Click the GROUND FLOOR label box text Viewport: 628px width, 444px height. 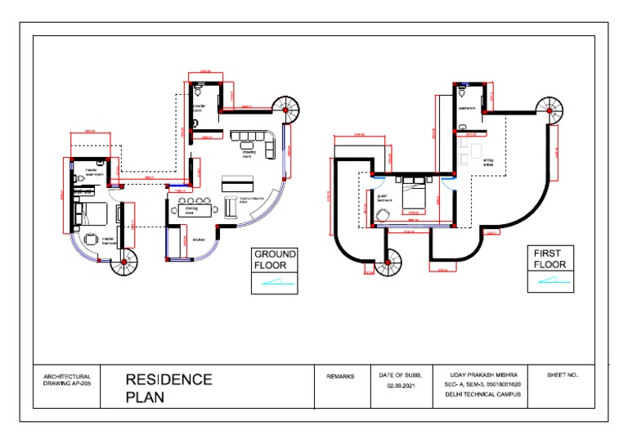[274, 260]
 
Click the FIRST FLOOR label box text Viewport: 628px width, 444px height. [549, 259]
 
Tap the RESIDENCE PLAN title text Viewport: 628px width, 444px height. [168, 388]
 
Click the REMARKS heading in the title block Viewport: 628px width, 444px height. [340, 377]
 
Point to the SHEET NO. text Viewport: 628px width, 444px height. [562, 375]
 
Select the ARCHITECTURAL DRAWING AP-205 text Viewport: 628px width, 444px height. [67, 380]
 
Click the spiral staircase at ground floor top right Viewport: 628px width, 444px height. [288, 108]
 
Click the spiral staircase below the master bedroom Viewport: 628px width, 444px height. [125, 262]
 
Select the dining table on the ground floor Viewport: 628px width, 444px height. [193, 209]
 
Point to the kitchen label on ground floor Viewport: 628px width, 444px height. [199, 240]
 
